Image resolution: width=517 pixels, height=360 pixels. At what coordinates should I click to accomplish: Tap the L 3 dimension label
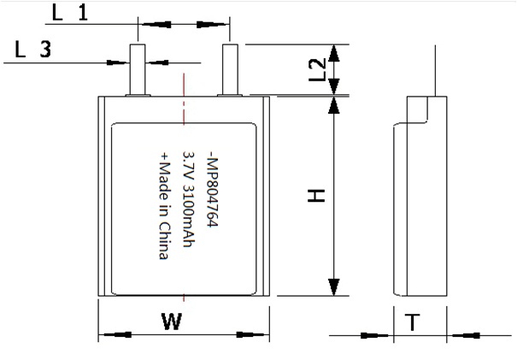coord(32,50)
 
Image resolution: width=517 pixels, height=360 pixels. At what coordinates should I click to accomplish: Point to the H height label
coord(316,195)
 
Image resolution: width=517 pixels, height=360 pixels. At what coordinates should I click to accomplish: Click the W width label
coord(172,322)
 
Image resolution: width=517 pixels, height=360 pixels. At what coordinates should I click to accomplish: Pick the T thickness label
coord(413,322)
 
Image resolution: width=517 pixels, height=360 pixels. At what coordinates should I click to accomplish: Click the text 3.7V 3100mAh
coord(189,199)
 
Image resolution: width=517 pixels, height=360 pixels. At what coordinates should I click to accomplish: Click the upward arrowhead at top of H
coord(334,106)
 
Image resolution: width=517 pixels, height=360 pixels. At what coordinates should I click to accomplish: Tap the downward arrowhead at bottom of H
coord(334,286)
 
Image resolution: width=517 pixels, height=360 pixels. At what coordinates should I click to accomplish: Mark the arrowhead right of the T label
coord(466,335)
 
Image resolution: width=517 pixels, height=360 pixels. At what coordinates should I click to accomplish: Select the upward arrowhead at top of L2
coord(334,51)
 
